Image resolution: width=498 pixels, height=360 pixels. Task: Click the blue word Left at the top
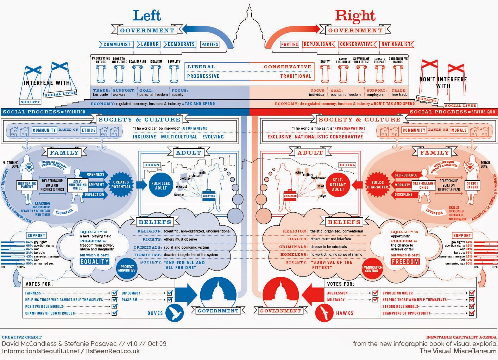[147, 15]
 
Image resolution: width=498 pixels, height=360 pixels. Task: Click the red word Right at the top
[355, 15]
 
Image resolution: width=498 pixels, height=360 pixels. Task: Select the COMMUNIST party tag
[117, 44]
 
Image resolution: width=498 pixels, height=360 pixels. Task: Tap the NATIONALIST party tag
[396, 44]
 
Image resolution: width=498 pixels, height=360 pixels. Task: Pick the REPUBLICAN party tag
[317, 44]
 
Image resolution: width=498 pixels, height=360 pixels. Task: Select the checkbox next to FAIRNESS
[114, 293]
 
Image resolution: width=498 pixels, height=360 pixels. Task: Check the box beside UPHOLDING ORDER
[472, 293]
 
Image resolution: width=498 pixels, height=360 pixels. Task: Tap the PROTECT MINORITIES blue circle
[127, 268]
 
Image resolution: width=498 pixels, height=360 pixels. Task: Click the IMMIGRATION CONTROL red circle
[372, 269]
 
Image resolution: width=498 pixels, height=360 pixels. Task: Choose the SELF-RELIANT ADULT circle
[338, 185]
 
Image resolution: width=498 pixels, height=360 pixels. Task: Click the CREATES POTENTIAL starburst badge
[121, 184]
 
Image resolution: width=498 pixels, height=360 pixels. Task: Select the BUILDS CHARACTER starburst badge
[378, 185]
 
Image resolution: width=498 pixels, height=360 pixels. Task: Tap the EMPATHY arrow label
[96, 184]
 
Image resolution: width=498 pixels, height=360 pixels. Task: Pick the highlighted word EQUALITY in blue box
[94, 262]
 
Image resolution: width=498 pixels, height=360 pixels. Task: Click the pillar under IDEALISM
[156, 73]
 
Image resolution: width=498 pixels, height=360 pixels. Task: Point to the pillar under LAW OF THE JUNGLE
[343, 73]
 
